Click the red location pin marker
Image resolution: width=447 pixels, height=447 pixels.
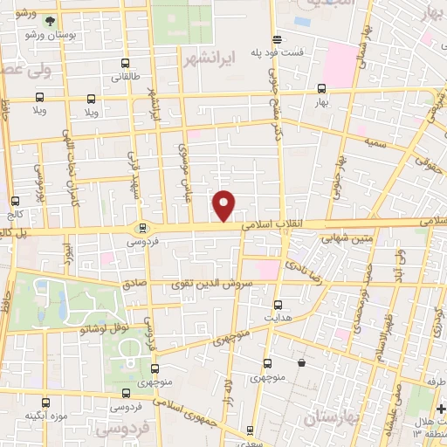(x=224, y=205)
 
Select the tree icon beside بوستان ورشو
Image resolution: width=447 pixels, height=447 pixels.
(x=51, y=20)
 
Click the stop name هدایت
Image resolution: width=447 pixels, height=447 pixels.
(x=279, y=320)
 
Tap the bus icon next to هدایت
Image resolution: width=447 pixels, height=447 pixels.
(x=279, y=305)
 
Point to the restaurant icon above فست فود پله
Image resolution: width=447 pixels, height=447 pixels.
(x=277, y=38)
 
